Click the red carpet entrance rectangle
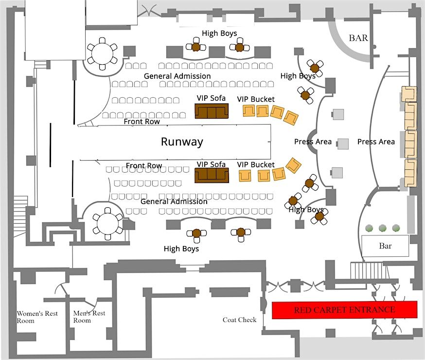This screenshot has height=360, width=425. [x=344, y=310]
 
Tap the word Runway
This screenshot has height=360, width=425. [x=182, y=142]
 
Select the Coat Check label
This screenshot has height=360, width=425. [x=239, y=320]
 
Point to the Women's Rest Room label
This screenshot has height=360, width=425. [x=37, y=317]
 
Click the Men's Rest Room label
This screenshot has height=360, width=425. [x=89, y=317]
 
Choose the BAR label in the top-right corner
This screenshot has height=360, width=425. [x=358, y=38]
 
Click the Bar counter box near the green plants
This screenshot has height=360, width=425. [x=385, y=246]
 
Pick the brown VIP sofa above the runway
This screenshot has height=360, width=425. [x=212, y=111]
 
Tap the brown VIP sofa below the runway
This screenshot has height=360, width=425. [x=212, y=176]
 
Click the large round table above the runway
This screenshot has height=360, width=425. [x=102, y=54]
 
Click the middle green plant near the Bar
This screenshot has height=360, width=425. [x=383, y=228]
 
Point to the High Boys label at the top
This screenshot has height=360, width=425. [x=219, y=33]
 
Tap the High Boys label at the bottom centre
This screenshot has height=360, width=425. [x=181, y=249]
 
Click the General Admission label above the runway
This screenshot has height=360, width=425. [x=177, y=76]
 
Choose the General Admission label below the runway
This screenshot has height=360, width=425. [x=174, y=201]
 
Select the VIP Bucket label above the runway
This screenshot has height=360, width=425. [x=256, y=99]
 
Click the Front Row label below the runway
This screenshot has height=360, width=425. [x=144, y=166]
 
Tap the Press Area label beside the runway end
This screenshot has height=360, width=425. [x=313, y=142]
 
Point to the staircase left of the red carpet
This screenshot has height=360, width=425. [x=364, y=270]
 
